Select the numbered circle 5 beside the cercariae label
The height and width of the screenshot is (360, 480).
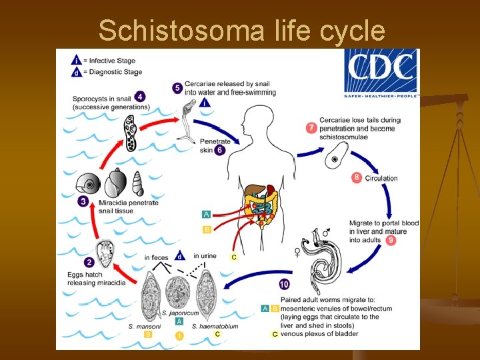(x=177, y=87)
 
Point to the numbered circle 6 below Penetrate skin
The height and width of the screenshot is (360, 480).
(x=220, y=150)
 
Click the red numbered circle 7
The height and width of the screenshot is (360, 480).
(x=311, y=127)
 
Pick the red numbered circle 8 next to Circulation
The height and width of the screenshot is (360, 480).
(x=357, y=178)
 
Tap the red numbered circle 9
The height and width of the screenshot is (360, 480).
(x=391, y=240)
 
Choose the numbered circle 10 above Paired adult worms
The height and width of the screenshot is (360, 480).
(x=285, y=285)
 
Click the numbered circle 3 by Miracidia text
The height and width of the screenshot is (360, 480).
(x=83, y=201)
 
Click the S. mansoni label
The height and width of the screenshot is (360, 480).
(x=149, y=326)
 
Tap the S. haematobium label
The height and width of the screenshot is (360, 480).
(x=215, y=326)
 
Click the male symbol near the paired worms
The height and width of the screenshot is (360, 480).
(x=326, y=233)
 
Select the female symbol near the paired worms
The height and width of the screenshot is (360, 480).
(x=297, y=252)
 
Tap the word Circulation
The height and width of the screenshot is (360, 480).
(x=381, y=178)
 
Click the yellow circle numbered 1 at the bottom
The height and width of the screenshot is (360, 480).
(x=178, y=336)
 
